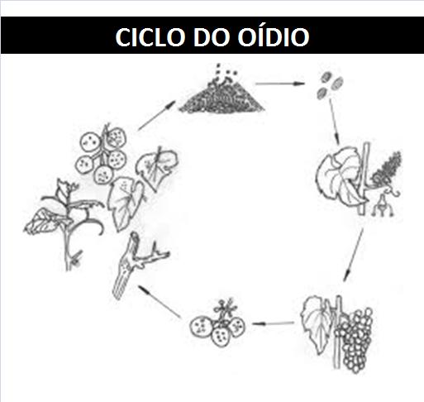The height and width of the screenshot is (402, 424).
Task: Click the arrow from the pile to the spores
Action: point(280,84)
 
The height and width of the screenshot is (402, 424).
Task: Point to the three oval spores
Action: point(330,84)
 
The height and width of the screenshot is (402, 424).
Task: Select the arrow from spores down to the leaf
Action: point(334,122)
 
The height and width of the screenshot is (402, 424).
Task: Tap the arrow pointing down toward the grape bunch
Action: point(354,255)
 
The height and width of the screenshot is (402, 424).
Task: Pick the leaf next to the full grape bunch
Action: point(317,323)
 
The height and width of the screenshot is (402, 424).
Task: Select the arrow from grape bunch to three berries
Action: point(273,323)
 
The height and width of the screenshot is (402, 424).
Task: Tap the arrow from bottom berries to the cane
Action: point(160,301)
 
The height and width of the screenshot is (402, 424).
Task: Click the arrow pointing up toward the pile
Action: point(156,115)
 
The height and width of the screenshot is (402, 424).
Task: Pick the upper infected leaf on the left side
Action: point(156,168)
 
